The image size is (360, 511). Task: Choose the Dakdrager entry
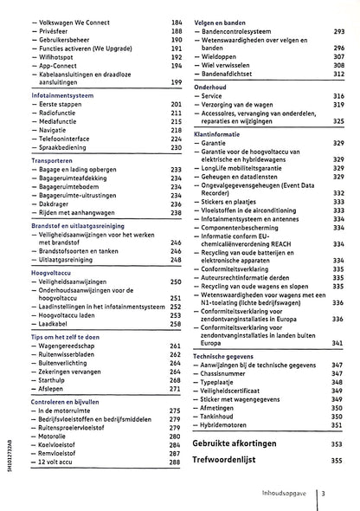57,204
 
